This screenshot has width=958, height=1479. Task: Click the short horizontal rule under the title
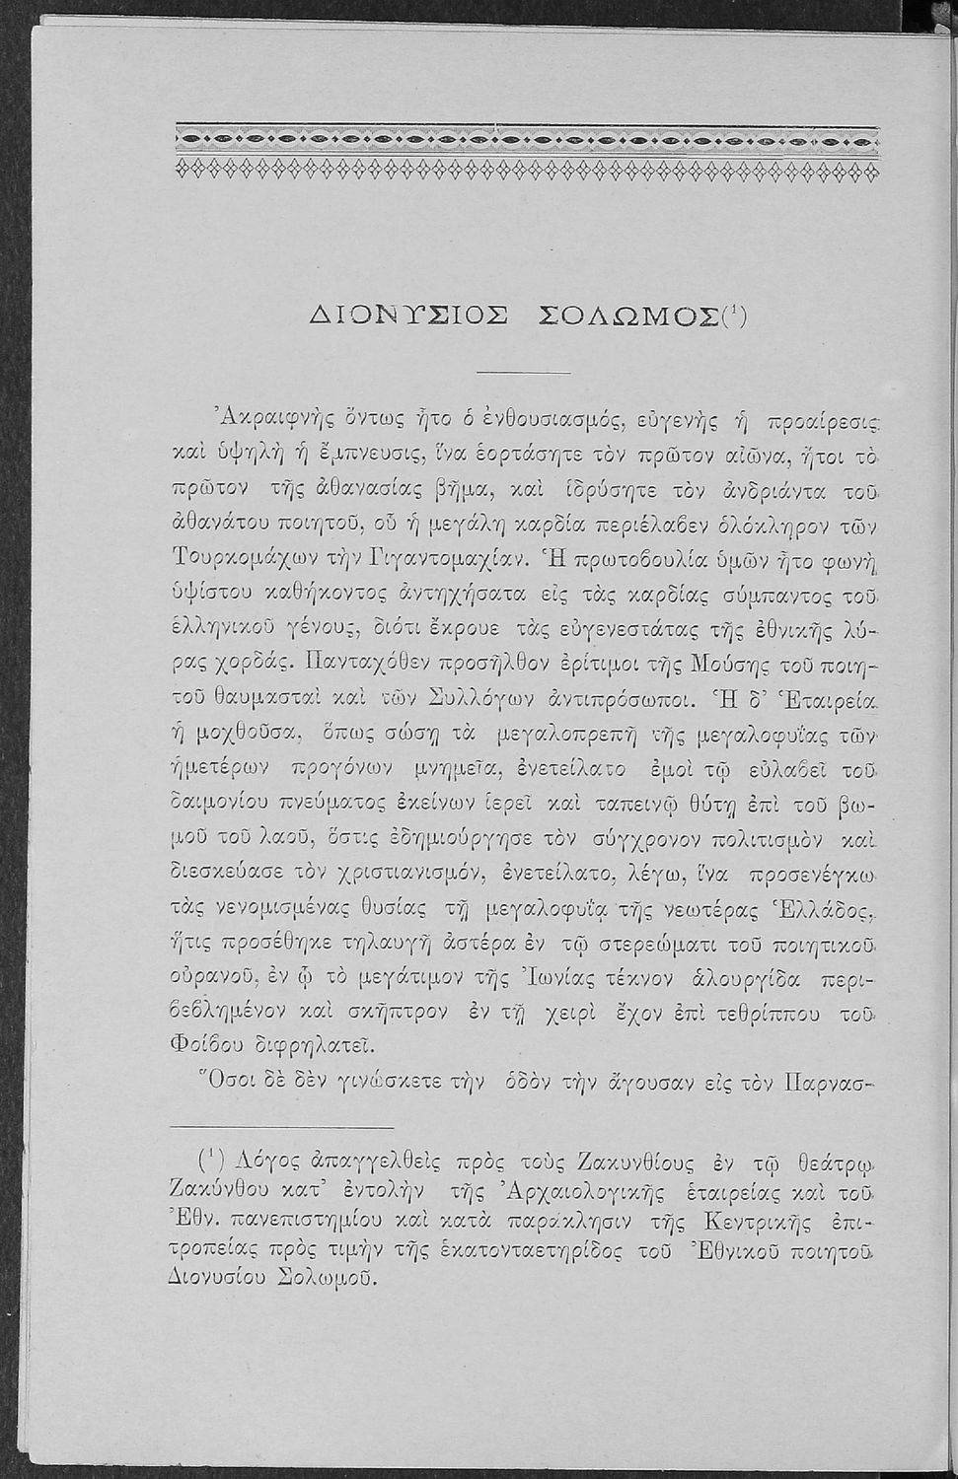pos(523,372)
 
